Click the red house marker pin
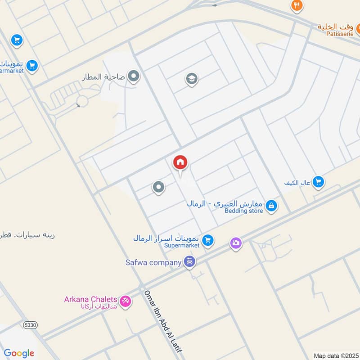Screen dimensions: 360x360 [180, 163]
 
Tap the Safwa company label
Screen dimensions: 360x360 [153, 262]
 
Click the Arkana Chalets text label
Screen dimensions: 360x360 [90, 299]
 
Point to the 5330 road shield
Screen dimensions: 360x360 [30, 325]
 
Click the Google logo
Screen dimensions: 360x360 [19, 353]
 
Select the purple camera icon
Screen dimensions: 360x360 [236, 244]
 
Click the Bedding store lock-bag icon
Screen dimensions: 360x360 [271, 206]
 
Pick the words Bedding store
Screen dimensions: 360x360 [244, 211]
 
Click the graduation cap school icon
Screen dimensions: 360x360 [192, 80]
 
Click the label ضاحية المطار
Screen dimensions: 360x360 [103, 77]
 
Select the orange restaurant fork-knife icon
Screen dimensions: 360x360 [297, 5]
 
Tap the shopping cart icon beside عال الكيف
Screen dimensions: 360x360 [319, 182]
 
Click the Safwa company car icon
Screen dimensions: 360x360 [190, 262]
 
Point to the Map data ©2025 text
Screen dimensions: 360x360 [335, 355]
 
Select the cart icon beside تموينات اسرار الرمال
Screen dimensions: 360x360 [207, 240]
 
